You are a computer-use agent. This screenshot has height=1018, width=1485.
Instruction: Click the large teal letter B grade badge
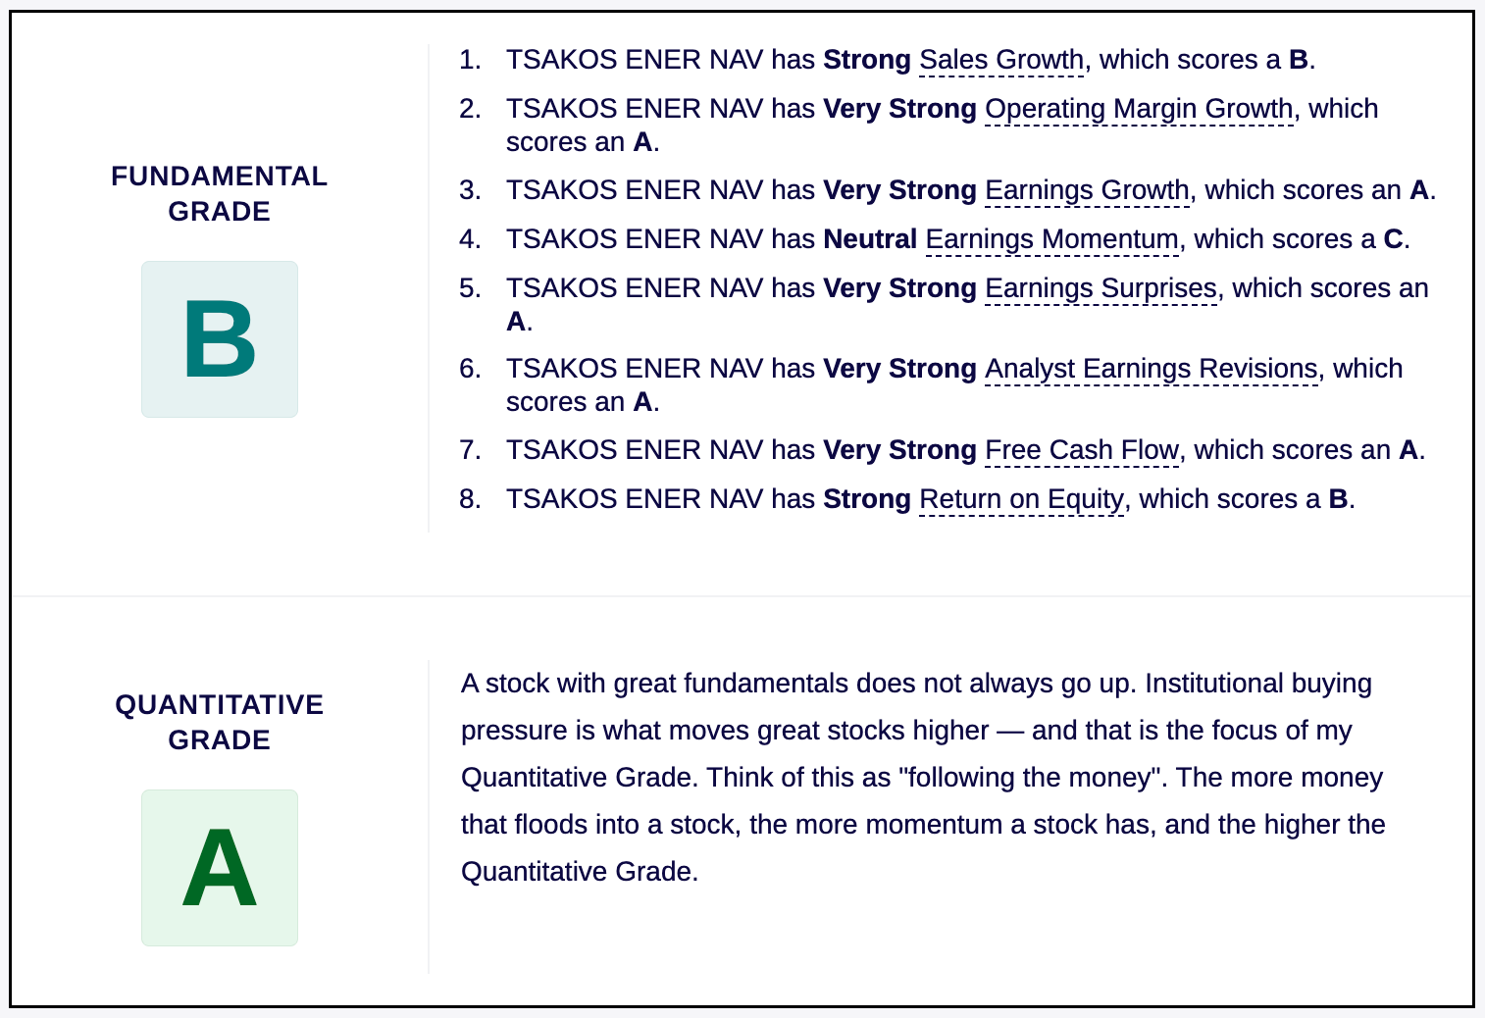[x=220, y=339]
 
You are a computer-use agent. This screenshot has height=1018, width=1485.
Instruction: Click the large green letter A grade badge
[x=220, y=868]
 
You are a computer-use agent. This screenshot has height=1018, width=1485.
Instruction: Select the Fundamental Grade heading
[x=220, y=193]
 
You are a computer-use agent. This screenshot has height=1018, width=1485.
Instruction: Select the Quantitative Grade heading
[x=220, y=722]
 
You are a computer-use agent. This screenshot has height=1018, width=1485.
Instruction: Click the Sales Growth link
[x=1001, y=60]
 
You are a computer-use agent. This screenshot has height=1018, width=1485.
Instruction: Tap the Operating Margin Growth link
[x=1139, y=109]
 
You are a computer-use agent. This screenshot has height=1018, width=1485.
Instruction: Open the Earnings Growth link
[x=1087, y=190]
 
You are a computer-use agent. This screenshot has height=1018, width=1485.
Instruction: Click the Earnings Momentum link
[x=1052, y=239]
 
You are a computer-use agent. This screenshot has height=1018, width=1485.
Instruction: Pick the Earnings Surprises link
[x=1101, y=288]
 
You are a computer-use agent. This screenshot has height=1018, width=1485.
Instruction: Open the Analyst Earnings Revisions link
[x=1152, y=369]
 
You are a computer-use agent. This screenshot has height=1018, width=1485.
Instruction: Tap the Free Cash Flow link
[x=1082, y=450]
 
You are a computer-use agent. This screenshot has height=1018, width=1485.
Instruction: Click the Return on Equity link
[x=1022, y=499]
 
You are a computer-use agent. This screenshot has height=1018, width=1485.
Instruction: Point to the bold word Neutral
[x=870, y=239]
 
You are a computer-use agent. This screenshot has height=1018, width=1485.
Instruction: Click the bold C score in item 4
[x=1394, y=239]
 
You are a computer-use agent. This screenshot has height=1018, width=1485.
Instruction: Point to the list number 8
[x=470, y=499]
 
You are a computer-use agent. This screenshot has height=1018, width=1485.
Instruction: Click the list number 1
[x=470, y=60]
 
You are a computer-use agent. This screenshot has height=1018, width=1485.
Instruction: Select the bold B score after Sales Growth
[x=1298, y=60]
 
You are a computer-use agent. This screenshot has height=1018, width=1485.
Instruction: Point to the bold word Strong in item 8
[x=866, y=499]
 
